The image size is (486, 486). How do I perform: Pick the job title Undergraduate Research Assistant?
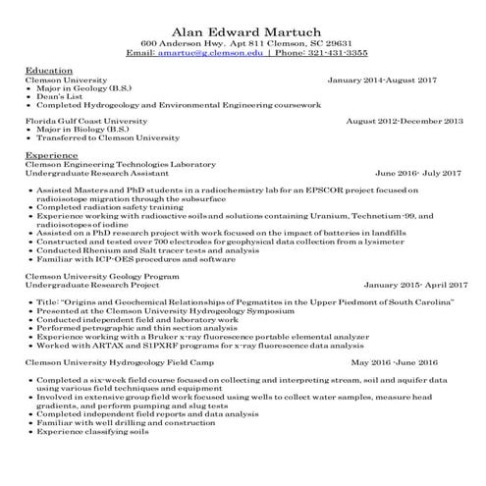(x=93, y=172)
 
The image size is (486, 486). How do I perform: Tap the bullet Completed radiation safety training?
(x=109, y=206)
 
